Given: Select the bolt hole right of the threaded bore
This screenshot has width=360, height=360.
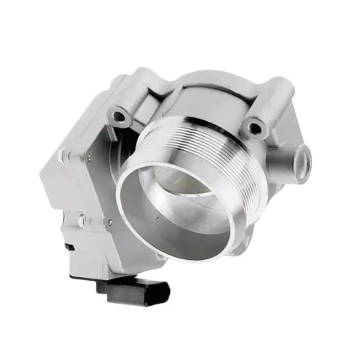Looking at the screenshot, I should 253,129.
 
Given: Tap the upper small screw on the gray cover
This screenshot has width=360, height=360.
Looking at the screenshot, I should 88,157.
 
